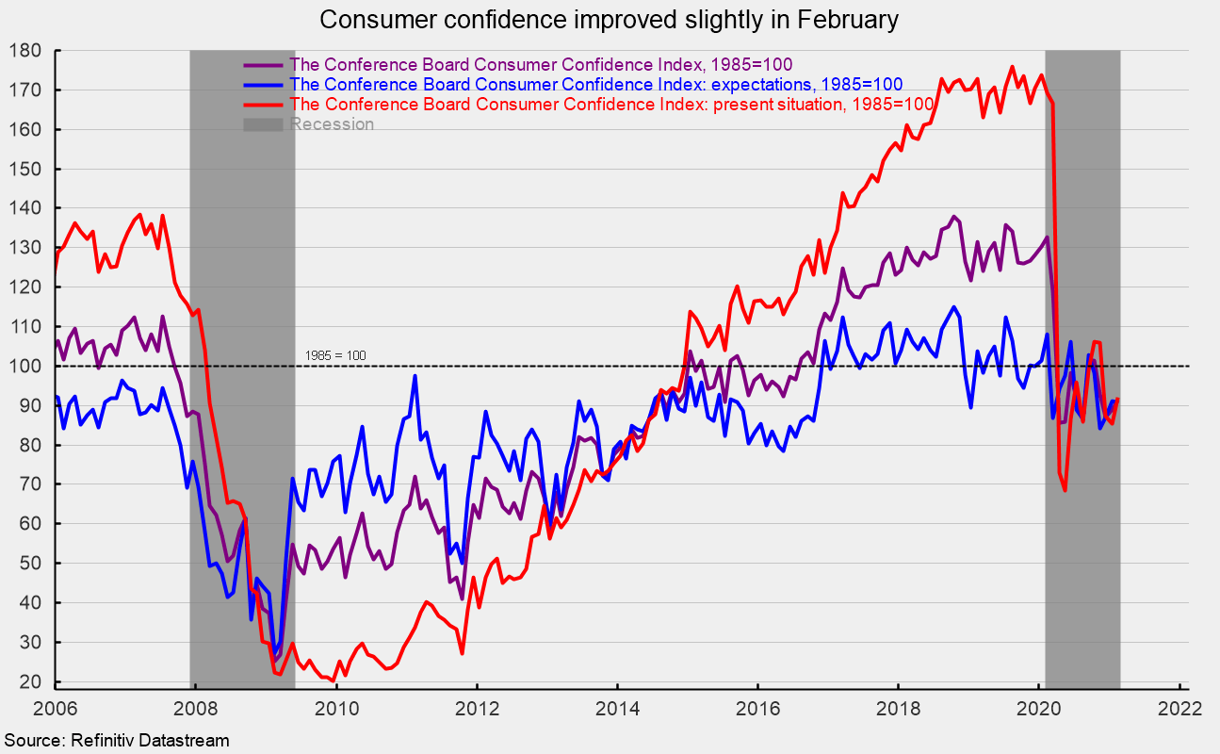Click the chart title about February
pyautogui.click(x=610, y=19)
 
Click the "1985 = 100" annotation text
pyautogui.click(x=335, y=355)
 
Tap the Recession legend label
pyautogui.click(x=332, y=124)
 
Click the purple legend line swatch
pyautogui.click(x=264, y=65)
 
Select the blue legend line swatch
pyautogui.click(x=264, y=85)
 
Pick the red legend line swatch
pyautogui.click(x=264, y=105)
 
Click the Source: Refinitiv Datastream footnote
pyautogui.click(x=114, y=741)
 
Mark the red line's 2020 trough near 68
pyautogui.click(x=1065, y=490)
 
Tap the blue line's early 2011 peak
pyautogui.click(x=415, y=376)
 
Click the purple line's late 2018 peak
pyautogui.click(x=953, y=217)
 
